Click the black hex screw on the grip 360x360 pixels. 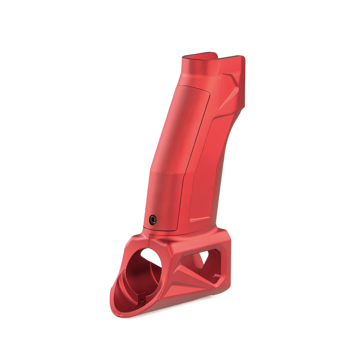coord(153,220)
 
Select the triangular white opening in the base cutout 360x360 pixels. coord(203,257)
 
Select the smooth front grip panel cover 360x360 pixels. coord(177,150)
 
